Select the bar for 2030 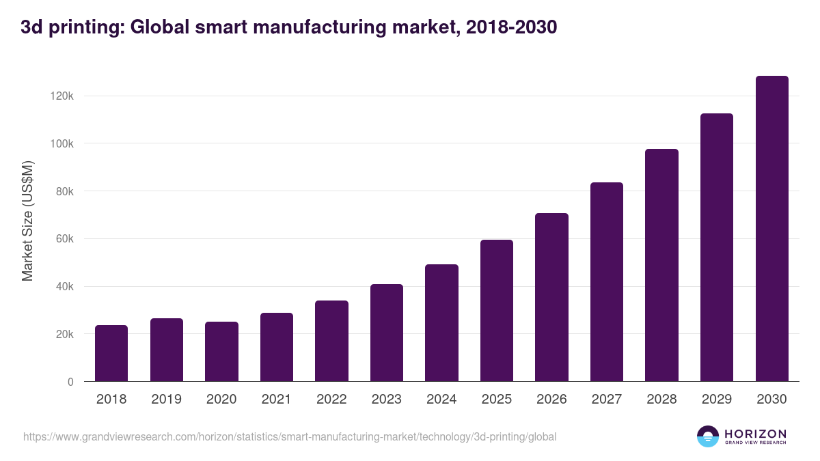point(771,229)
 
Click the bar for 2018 point(111,353)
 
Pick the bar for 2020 point(221,352)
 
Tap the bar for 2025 point(497,311)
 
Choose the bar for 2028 point(661,265)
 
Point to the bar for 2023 point(387,333)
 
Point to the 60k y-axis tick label point(64,239)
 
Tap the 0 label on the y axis point(70,382)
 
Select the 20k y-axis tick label point(64,334)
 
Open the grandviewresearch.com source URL point(290,436)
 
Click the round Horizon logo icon point(708,436)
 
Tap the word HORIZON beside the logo point(755,433)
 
